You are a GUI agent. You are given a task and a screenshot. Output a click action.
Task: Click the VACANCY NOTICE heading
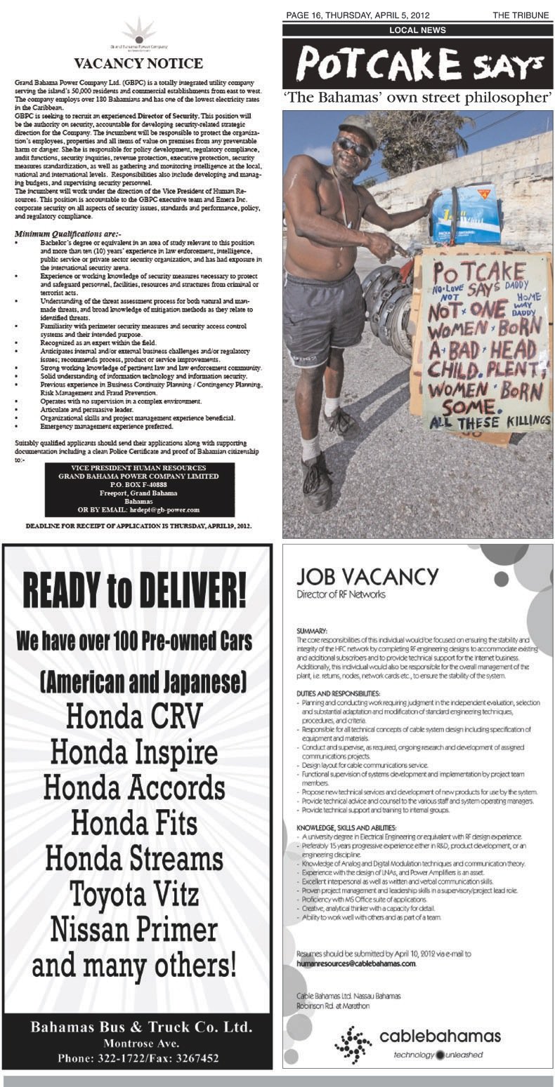click(x=138, y=64)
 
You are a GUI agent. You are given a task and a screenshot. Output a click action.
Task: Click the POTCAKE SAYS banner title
click(x=417, y=65)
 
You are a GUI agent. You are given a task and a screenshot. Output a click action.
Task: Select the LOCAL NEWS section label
click(x=417, y=30)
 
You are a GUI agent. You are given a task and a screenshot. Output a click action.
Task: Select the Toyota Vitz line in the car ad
click(x=135, y=893)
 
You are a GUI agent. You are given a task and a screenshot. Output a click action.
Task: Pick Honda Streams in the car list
click(x=135, y=858)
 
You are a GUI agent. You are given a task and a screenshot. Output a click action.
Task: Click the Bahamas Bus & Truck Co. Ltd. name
click(x=141, y=1027)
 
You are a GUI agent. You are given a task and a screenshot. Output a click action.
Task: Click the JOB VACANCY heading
click(x=367, y=577)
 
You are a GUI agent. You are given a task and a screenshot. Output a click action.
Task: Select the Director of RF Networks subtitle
click(x=341, y=594)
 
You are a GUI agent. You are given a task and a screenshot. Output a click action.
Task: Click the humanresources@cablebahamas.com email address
click(x=356, y=963)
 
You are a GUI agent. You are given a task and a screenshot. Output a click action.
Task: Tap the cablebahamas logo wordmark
click(x=440, y=1036)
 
